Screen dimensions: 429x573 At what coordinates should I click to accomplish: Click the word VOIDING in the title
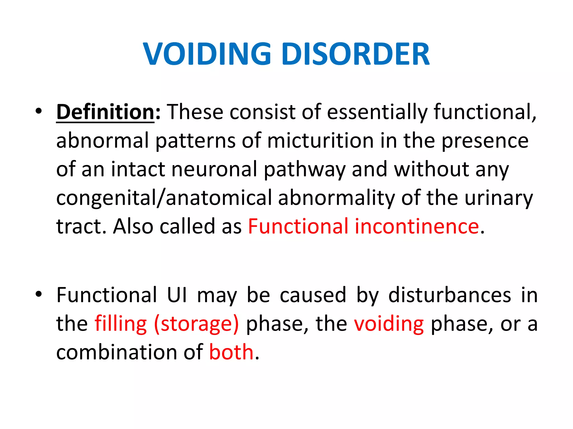coord(207,54)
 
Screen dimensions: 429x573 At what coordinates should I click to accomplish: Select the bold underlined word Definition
coord(105,112)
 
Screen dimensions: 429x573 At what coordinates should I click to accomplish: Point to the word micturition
coord(321,140)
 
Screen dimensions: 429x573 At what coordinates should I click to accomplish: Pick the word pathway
coord(305,170)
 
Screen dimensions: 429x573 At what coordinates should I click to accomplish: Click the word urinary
coord(499,198)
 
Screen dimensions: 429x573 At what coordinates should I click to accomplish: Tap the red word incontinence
coord(417,226)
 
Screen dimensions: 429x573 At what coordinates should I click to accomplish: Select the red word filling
coord(121,324)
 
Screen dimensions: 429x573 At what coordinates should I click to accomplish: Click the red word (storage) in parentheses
coord(196,324)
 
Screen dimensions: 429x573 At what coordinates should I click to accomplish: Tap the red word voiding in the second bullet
coord(389,324)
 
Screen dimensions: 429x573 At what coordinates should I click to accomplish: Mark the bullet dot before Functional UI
coord(39,294)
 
